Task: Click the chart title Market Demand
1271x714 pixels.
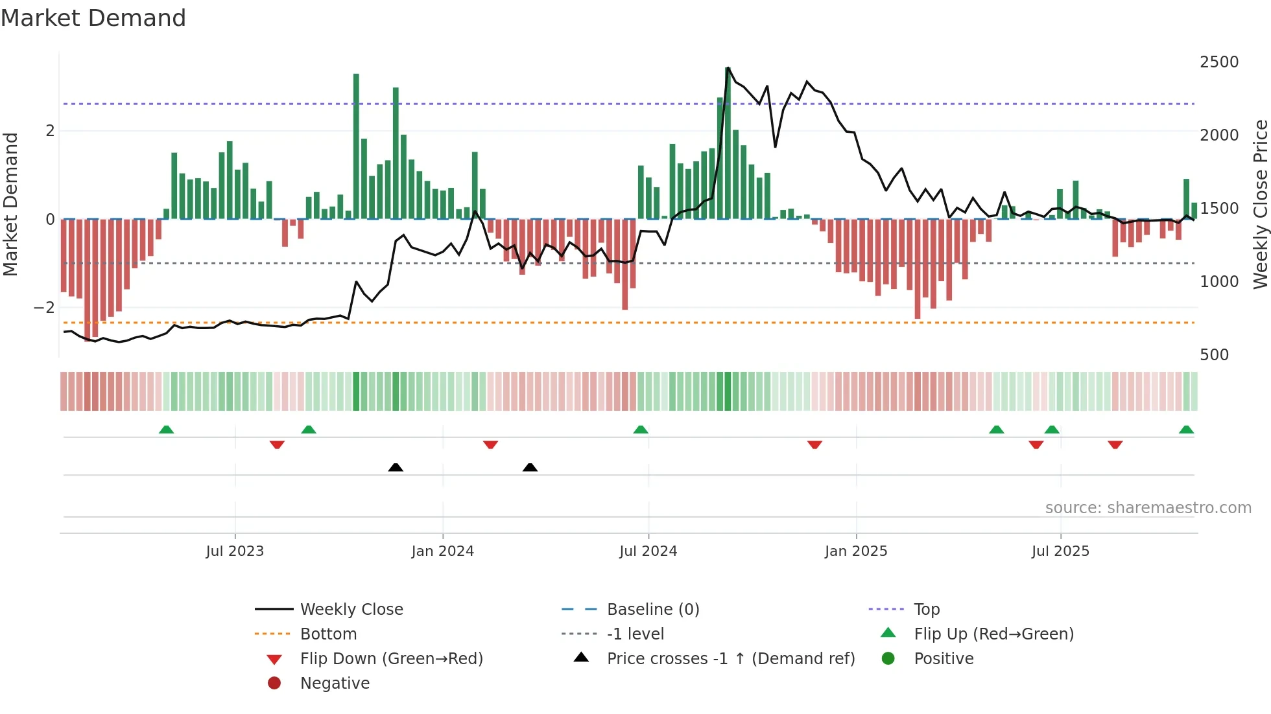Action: click(x=93, y=18)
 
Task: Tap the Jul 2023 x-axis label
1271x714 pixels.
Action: click(x=235, y=551)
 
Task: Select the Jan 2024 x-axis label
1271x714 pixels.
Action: click(x=442, y=551)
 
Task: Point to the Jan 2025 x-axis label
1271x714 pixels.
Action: click(x=855, y=551)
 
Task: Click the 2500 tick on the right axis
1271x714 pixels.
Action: click(x=1218, y=62)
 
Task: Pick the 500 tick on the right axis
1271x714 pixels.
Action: click(x=1214, y=355)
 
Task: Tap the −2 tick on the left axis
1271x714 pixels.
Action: click(x=44, y=308)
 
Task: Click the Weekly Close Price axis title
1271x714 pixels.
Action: click(x=1260, y=204)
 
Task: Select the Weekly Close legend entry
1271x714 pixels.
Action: click(x=351, y=610)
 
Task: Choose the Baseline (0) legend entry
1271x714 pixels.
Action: click(x=652, y=610)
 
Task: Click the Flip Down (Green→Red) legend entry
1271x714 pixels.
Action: click(x=391, y=659)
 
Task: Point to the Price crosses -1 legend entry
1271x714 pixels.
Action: click(x=730, y=659)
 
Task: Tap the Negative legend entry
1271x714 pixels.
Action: click(x=335, y=684)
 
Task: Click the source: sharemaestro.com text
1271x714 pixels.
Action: click(x=1148, y=508)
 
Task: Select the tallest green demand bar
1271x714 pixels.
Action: click(x=728, y=143)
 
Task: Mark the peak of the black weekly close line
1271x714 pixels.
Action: click(x=728, y=67)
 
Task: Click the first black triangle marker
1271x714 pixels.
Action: click(x=396, y=467)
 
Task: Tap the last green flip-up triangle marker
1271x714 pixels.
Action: click(x=1186, y=430)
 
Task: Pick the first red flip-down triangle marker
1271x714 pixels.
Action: click(x=277, y=444)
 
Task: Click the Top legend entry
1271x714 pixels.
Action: click(x=926, y=610)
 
